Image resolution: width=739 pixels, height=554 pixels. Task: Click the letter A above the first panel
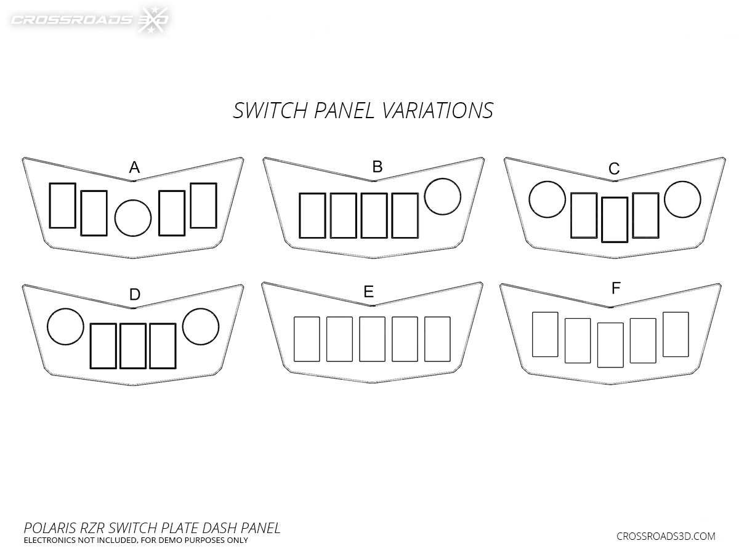click(x=134, y=167)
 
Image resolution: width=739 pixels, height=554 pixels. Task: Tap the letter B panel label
click(x=378, y=166)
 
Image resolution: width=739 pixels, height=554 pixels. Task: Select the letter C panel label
click(x=613, y=168)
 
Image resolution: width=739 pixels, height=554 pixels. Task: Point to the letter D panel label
click(x=135, y=295)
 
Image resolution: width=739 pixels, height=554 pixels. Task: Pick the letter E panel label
click(x=368, y=292)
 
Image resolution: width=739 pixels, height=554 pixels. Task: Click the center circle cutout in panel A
click(x=133, y=219)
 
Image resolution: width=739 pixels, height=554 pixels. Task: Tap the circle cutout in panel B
click(x=443, y=196)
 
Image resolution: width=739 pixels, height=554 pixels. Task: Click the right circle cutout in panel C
click(x=682, y=199)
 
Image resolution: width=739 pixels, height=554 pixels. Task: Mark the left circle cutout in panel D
click(x=65, y=326)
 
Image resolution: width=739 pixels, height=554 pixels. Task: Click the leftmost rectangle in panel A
click(x=62, y=205)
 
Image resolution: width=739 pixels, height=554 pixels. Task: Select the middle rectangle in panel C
click(x=615, y=220)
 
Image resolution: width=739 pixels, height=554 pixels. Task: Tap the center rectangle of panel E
click(x=372, y=339)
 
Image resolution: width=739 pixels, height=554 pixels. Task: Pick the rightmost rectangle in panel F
click(x=676, y=334)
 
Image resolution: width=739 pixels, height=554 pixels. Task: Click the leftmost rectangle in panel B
click(x=312, y=215)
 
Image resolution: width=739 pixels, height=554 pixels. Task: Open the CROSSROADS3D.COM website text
click(x=666, y=536)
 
